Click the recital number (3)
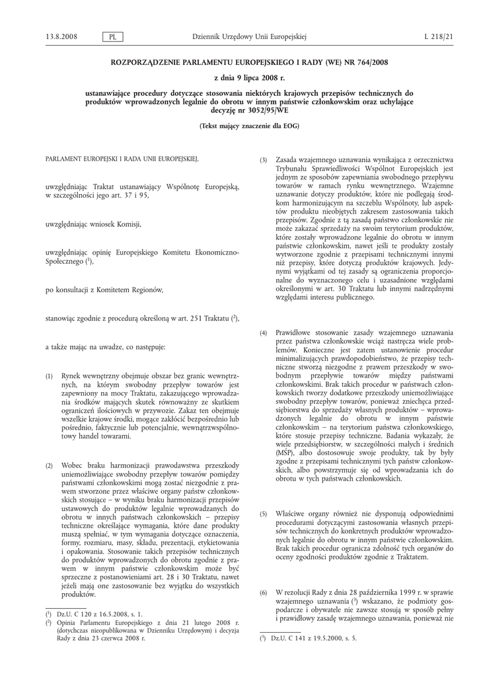(263, 161)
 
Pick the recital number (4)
(263, 332)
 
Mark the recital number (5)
(263, 514)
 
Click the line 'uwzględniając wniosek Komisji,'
(93, 224)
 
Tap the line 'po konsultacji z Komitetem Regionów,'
(104, 290)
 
